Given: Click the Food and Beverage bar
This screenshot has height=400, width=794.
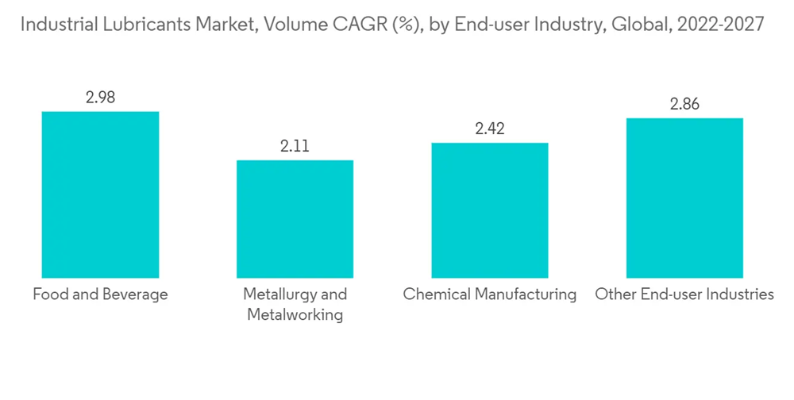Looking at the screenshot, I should (100, 194).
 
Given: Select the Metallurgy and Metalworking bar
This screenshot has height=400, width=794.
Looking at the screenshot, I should (295, 219).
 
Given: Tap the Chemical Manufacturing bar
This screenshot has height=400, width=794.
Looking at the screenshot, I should (489, 210).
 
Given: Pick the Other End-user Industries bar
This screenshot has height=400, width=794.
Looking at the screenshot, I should (684, 198).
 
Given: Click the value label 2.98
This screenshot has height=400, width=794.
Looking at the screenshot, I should (100, 98).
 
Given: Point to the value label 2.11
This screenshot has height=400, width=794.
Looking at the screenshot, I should (295, 146).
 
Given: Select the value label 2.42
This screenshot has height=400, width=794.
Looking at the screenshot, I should (489, 129).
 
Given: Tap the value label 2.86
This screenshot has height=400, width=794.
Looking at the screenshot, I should (684, 104).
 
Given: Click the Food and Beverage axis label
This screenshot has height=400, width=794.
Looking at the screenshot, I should (100, 294).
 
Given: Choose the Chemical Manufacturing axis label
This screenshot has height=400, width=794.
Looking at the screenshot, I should (489, 294).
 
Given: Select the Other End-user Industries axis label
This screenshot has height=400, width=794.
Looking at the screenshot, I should (684, 294).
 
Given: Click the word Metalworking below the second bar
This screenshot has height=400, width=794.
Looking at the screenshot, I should (295, 315).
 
